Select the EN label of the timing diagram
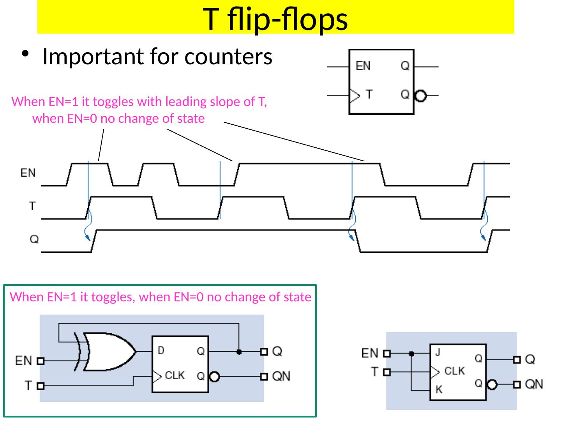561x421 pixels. coord(28,173)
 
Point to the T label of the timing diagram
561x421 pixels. coord(33,205)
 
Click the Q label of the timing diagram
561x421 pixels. coord(34,239)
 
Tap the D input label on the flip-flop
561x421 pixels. coord(161,351)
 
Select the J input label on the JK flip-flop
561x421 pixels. coord(438,353)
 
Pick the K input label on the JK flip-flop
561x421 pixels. coord(439,389)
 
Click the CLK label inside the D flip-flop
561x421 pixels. coord(175,376)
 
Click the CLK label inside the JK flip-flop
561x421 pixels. coord(454,371)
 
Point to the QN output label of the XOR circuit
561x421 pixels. coord(281,376)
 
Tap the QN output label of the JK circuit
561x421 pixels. coord(534,384)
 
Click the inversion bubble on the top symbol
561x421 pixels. coord(420,96)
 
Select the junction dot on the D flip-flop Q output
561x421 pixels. coord(239,352)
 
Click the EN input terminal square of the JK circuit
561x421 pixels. coord(386,354)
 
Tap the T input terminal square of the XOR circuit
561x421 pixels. coord(41,386)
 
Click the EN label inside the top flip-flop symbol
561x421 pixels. coord(363,66)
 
